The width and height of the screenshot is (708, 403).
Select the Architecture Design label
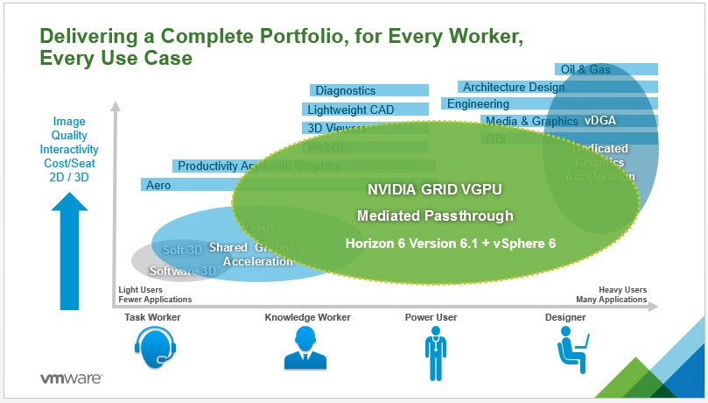(x=514, y=87)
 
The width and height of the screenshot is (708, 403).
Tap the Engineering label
(x=478, y=103)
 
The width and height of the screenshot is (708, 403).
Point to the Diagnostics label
(x=346, y=90)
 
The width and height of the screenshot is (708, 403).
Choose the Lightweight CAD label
(x=351, y=110)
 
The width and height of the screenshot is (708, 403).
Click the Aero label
(x=159, y=185)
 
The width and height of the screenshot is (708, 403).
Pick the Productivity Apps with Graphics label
(x=247, y=166)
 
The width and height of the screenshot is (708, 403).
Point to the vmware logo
(x=72, y=379)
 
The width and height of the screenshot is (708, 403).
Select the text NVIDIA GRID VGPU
(x=423, y=187)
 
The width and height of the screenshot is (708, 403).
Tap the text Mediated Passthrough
(x=435, y=216)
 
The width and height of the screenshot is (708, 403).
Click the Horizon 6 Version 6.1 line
(x=450, y=243)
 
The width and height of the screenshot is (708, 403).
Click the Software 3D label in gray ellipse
(x=182, y=271)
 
